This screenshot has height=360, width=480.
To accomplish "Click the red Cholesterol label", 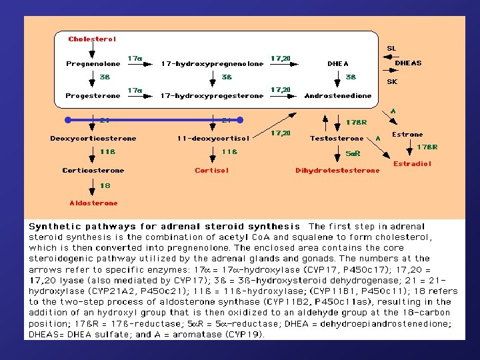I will [92, 39].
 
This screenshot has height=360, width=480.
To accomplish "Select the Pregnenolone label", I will [93, 64].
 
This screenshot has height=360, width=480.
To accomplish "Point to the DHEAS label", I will [408, 63].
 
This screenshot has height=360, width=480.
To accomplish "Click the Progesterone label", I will [93, 96].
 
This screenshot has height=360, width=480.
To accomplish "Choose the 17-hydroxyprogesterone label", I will [212, 96].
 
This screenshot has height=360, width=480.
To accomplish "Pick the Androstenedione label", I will [338, 96].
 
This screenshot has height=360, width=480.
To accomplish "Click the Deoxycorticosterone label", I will [93, 139].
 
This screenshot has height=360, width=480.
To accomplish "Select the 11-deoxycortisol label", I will [213, 139].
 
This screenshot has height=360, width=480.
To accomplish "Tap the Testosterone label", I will [337, 139].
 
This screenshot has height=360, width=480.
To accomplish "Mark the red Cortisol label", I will [212, 171].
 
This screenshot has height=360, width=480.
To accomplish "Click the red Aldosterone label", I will [93, 203].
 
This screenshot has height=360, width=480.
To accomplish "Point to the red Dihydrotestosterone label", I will [337, 171].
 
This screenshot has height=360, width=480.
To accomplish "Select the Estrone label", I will [407, 135].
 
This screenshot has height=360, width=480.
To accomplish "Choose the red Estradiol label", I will [412, 163].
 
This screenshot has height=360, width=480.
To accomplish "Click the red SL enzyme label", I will [391, 49].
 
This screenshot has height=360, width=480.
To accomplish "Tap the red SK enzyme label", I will [392, 82].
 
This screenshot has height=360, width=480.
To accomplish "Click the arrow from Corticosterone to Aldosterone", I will [93, 187].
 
